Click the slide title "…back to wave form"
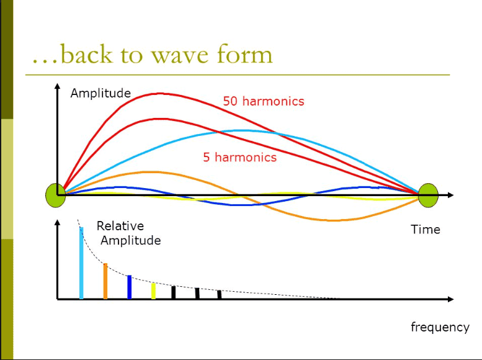[x=152, y=55]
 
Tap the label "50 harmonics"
[x=264, y=101]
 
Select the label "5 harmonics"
[x=239, y=157]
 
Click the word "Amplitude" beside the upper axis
[x=100, y=93]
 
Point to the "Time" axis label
[x=426, y=230]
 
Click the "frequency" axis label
[x=440, y=327]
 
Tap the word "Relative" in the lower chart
[x=120, y=227]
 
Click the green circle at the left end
[x=56, y=195]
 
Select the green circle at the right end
[x=428, y=195]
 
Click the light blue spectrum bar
[x=81, y=263]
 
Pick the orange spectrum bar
[x=105, y=281]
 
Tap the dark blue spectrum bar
[x=129, y=287]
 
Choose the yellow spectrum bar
[x=153, y=290]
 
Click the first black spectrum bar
[x=174, y=292]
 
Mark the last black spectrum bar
[x=220, y=294]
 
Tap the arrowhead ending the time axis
[x=450, y=195]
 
